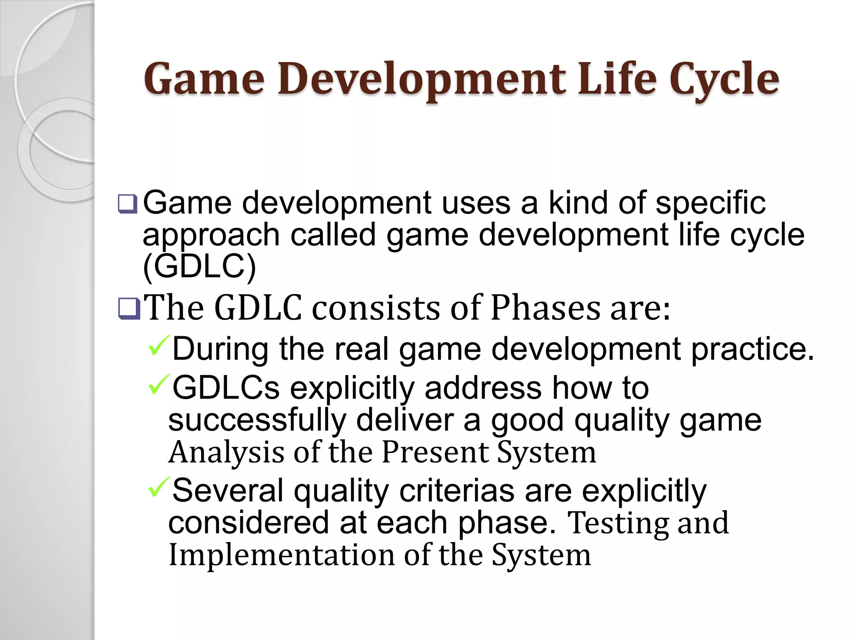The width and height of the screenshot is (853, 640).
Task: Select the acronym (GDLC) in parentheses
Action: [x=200, y=267]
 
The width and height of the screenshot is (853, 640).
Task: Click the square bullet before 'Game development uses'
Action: [x=127, y=204]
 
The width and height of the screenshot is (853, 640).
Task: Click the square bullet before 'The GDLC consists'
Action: [x=129, y=308]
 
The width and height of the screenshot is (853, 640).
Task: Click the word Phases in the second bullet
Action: [x=546, y=308]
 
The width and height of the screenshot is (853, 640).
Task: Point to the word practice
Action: [x=752, y=349]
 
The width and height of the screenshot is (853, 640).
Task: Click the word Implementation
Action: [x=282, y=555]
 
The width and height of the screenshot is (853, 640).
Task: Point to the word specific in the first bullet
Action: [x=710, y=204]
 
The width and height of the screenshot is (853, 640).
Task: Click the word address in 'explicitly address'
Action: [x=483, y=388]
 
